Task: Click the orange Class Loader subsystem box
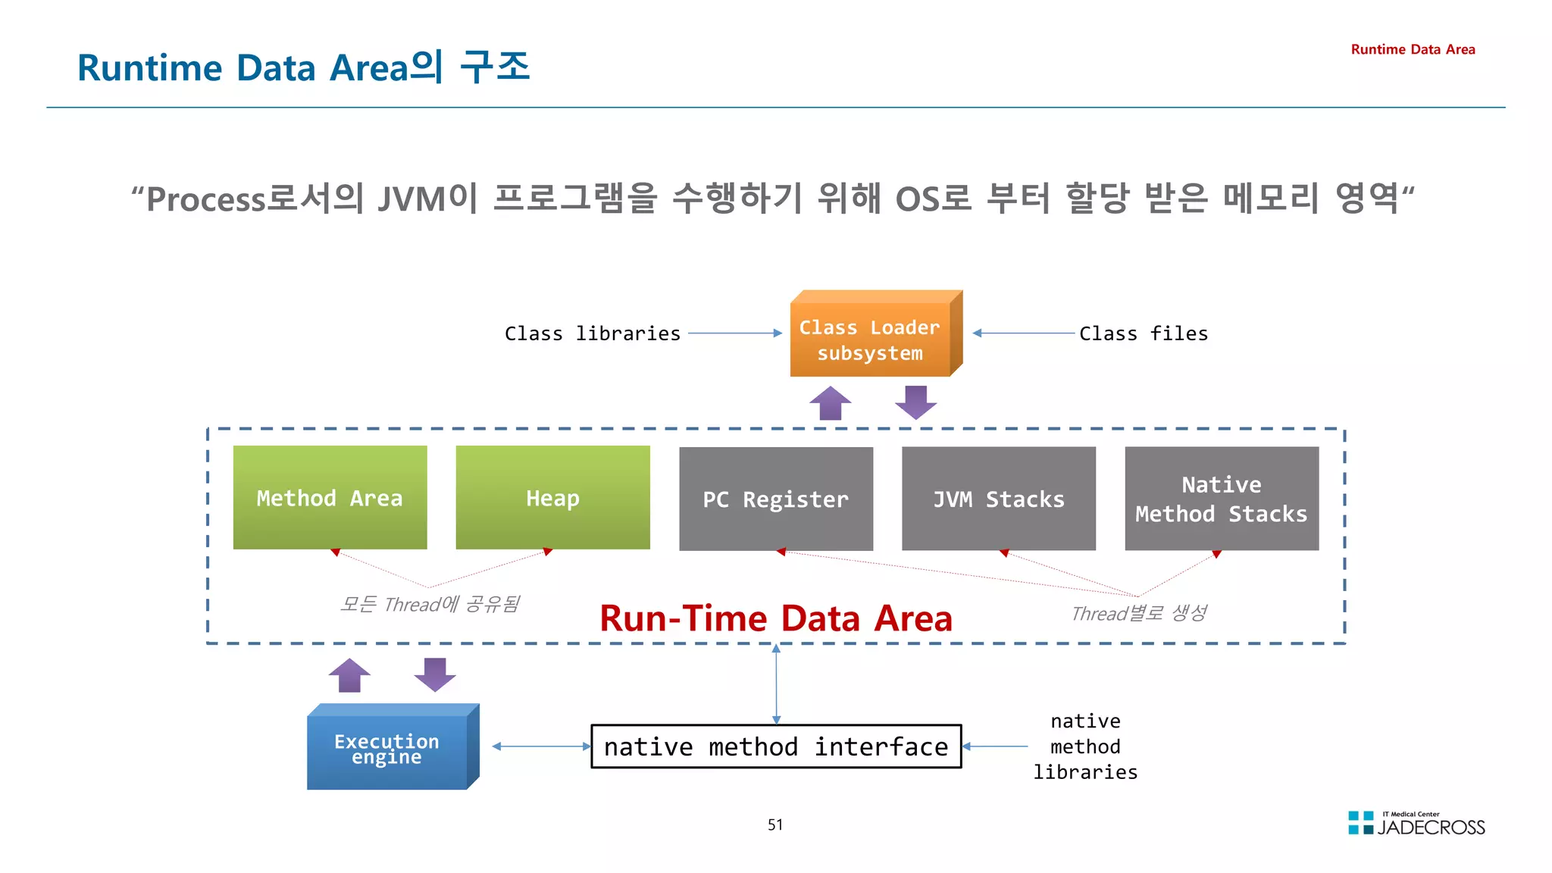870,339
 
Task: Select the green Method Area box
330,498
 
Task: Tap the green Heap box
552,498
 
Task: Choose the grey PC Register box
775,499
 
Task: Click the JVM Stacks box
998,499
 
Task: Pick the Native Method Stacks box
1221,499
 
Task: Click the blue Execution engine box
387,749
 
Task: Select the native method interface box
775,746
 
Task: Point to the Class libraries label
592,333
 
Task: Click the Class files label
1143,333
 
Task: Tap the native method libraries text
1085,746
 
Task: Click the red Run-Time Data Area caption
775,618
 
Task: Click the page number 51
774,824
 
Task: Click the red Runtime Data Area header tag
1413,49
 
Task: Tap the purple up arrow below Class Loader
830,403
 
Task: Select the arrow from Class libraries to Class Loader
734,333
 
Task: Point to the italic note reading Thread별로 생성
1138,613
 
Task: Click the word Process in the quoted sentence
205,199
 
